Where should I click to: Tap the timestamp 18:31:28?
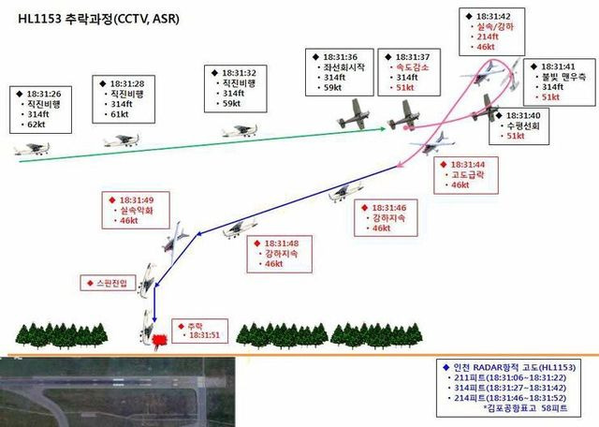pos(126,84)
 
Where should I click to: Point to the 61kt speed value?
pos(119,116)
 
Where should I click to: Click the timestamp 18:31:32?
pos(240,72)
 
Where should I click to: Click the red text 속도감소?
pos(413,68)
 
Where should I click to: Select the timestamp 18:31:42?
pos(492,16)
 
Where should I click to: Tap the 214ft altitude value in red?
pos(485,37)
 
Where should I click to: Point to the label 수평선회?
pos(521,125)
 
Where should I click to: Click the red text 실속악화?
pos(141,212)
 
